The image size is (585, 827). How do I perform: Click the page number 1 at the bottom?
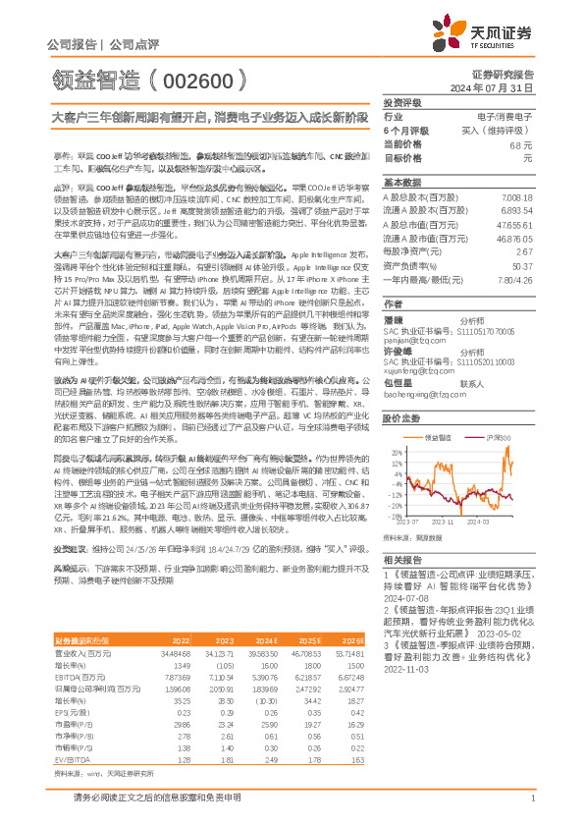[x=531, y=804]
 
